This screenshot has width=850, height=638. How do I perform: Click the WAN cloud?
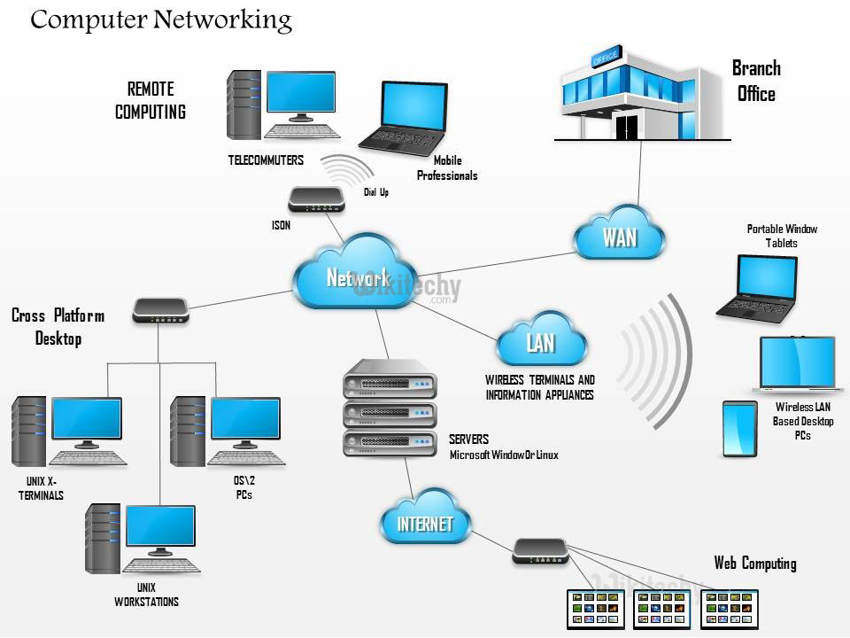[x=619, y=237]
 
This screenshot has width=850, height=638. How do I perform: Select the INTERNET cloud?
[x=425, y=524]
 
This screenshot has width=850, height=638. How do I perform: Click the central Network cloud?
[x=358, y=277]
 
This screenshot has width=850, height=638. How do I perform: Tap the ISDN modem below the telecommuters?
[x=316, y=198]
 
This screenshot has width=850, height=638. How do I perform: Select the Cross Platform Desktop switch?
[x=160, y=309]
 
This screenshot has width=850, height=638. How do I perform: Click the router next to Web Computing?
[x=539, y=552]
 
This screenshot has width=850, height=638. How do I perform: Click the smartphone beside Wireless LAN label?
[x=739, y=429]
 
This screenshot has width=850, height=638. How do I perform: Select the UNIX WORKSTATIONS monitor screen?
[x=160, y=529]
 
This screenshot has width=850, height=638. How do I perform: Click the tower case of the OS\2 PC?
[x=188, y=430]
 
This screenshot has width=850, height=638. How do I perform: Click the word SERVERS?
[x=468, y=439]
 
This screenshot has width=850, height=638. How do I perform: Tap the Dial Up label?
[x=376, y=192]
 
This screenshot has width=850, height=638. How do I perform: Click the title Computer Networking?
[x=160, y=19]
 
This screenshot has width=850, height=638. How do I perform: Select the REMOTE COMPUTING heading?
[x=151, y=100]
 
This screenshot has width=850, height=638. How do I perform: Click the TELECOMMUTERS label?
[x=266, y=160]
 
